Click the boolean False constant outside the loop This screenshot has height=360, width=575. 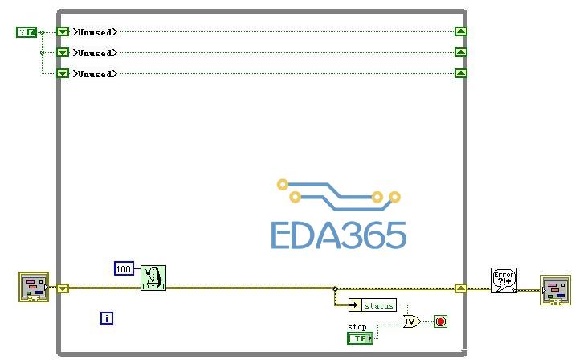click(x=26, y=32)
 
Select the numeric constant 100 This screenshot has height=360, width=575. click(x=124, y=268)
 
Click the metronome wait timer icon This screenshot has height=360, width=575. click(x=153, y=278)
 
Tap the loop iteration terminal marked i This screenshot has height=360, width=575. click(x=107, y=318)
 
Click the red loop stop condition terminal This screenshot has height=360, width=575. click(x=440, y=321)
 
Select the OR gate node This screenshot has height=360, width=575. click(x=411, y=321)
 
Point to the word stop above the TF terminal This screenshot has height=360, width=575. click(x=357, y=327)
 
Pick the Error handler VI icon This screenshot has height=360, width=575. click(x=504, y=280)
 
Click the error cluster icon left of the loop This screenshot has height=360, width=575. click(x=34, y=287)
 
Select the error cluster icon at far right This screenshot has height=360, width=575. click(x=555, y=290)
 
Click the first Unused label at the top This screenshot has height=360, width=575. click(x=95, y=32)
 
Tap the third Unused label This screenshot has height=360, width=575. click(x=95, y=74)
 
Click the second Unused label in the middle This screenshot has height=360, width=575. click(x=95, y=53)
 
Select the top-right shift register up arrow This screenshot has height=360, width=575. click(x=460, y=32)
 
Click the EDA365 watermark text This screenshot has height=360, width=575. click(x=338, y=235)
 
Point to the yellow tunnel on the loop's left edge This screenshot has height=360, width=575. click(x=63, y=288)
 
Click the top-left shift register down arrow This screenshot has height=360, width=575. click(x=63, y=32)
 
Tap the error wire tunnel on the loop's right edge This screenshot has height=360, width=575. click(x=460, y=288)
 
